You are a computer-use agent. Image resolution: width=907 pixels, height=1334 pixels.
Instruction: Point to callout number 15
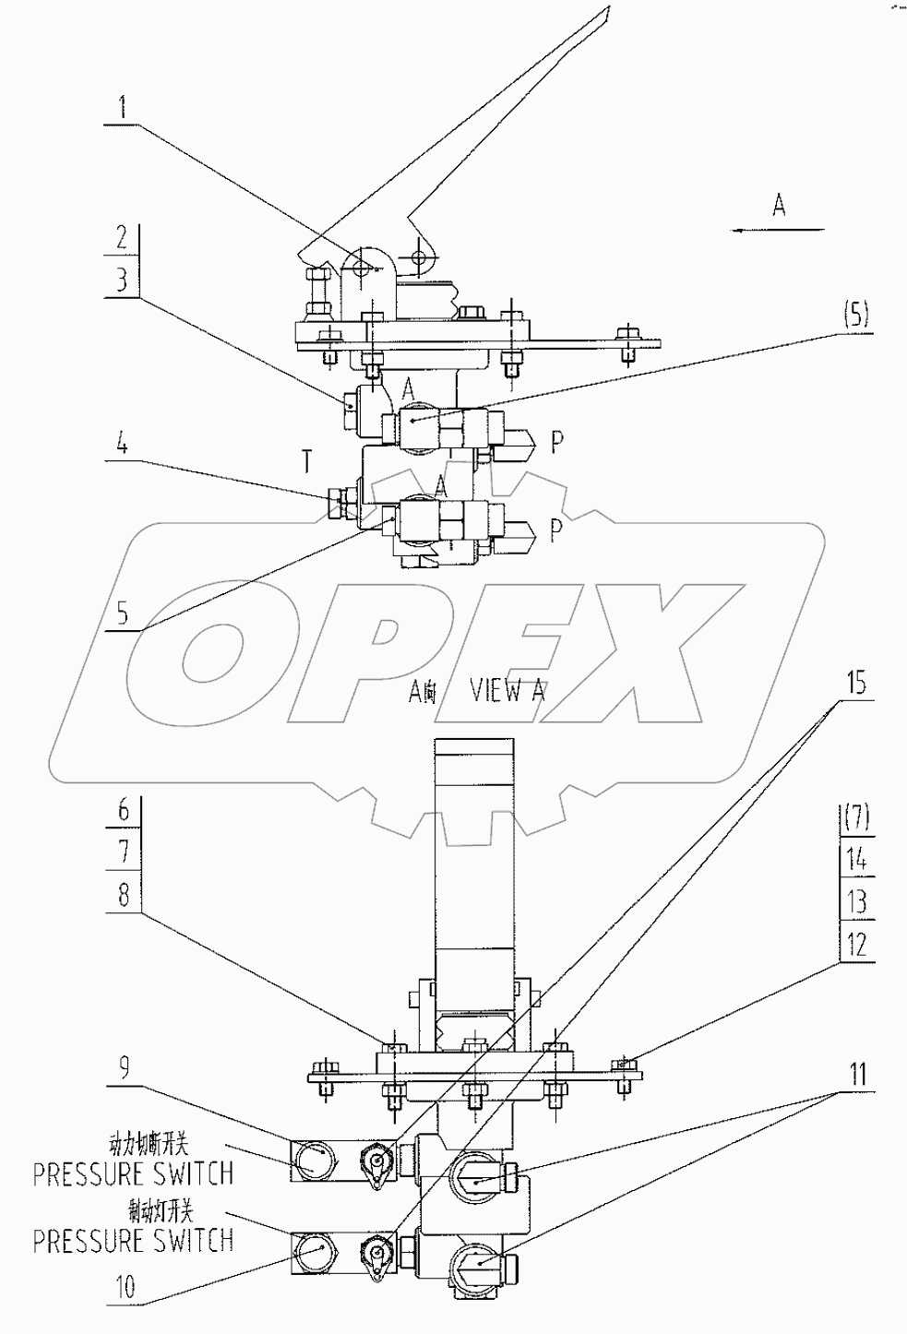pyautogui.click(x=856, y=684)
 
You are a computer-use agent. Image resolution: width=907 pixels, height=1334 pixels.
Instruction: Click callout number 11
pyautogui.click(x=858, y=1075)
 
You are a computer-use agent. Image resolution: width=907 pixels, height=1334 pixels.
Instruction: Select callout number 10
pyautogui.click(x=125, y=1287)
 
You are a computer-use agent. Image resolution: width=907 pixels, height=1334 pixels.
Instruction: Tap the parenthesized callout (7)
pyautogui.click(x=856, y=816)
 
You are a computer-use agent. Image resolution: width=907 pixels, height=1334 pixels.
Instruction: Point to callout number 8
pyautogui.click(x=124, y=894)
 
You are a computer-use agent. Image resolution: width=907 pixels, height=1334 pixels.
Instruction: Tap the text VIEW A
pyautogui.click(x=507, y=691)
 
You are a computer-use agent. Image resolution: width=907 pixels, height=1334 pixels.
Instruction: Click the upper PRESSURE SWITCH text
pyautogui.click(x=133, y=1173)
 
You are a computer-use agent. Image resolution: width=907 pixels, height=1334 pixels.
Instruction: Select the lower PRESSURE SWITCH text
pyautogui.click(x=133, y=1241)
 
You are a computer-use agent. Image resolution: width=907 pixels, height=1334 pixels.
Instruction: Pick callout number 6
pyautogui.click(x=124, y=811)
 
